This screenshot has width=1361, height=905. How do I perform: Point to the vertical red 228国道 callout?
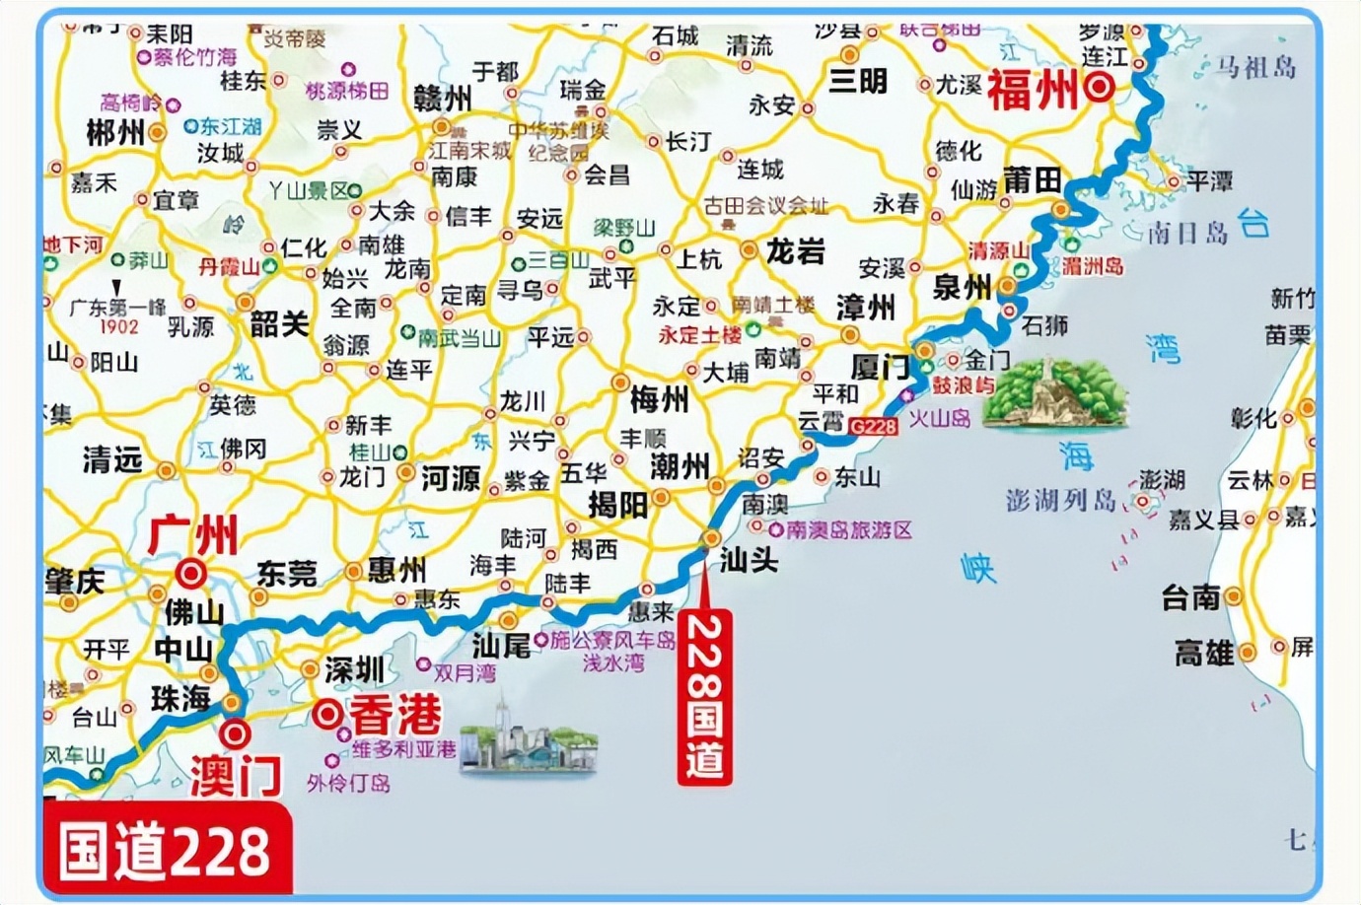[704, 697]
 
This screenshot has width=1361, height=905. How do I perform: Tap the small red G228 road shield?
[872, 426]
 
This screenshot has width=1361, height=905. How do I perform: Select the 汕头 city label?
[749, 560]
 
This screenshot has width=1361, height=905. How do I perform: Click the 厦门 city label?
[880, 368]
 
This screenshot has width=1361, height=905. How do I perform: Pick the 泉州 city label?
[962, 287]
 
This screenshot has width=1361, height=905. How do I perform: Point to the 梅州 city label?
[659, 399]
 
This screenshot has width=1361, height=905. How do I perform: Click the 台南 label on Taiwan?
[1190, 596]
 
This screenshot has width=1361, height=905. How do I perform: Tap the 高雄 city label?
[1203, 653]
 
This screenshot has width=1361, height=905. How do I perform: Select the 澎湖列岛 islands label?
[1060, 500]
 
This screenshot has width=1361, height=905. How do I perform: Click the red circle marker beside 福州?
[1100, 88]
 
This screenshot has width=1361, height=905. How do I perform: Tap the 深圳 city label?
[354, 670]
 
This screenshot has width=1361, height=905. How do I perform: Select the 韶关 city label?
[279, 323]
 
